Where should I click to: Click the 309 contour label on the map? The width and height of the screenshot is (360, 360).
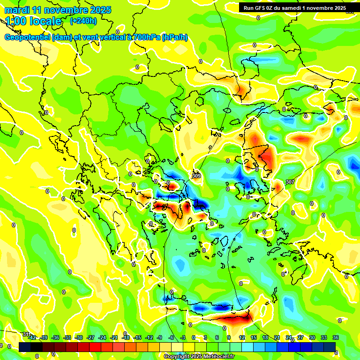pyautogui.click(x=196, y=176)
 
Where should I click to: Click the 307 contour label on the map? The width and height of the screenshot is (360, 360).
pyautogui.click(x=290, y=182)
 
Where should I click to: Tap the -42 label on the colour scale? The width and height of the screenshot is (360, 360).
pyautogui.click(x=32, y=337)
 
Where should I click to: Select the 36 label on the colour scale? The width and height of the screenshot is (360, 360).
pyautogui.click(x=336, y=337)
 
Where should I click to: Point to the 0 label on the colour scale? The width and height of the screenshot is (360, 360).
pyautogui.click(x=194, y=337)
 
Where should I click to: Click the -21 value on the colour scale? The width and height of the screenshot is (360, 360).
pyautogui.click(x=114, y=337)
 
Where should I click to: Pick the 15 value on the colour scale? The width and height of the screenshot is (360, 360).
pyautogui.click(x=253, y=337)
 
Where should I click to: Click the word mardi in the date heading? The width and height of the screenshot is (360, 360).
pyautogui.click(x=17, y=10)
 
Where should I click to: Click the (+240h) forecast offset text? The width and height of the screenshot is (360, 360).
pyautogui.click(x=83, y=21)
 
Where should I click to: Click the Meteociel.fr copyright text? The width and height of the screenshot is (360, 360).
pyautogui.click(x=215, y=356)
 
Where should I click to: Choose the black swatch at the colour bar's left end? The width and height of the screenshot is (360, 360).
pyautogui.click(x=25, y=347)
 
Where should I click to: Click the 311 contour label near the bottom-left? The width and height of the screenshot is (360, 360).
pyautogui.click(x=26, y=334)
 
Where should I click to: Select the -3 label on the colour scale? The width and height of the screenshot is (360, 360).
pyautogui.click(x=182, y=337)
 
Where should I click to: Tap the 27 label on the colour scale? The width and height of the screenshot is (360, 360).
pyautogui.click(x=300, y=337)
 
